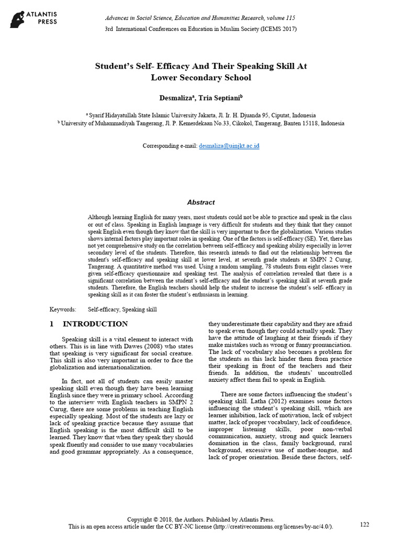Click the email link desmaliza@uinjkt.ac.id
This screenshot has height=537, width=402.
pyautogui.click(x=229, y=146)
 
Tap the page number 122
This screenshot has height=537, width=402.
pyautogui.click(x=365, y=524)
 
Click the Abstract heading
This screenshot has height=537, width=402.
pyautogui.click(x=201, y=202)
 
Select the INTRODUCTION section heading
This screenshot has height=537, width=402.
pyautogui.click(x=95, y=324)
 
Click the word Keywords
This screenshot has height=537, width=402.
pyautogui.click(x=62, y=310)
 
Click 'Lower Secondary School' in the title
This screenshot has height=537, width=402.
pyautogui.click(x=201, y=78)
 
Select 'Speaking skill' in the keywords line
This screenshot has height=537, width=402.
pyautogui.click(x=139, y=310)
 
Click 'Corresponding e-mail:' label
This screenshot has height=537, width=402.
pyautogui.click(x=170, y=146)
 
